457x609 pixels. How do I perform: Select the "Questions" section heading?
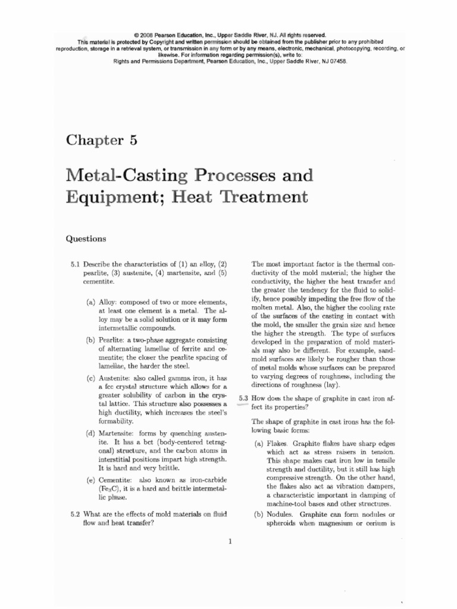click(x=86, y=239)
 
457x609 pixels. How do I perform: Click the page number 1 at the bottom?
click(x=230, y=541)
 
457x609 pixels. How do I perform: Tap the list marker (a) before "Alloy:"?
click(x=92, y=302)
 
